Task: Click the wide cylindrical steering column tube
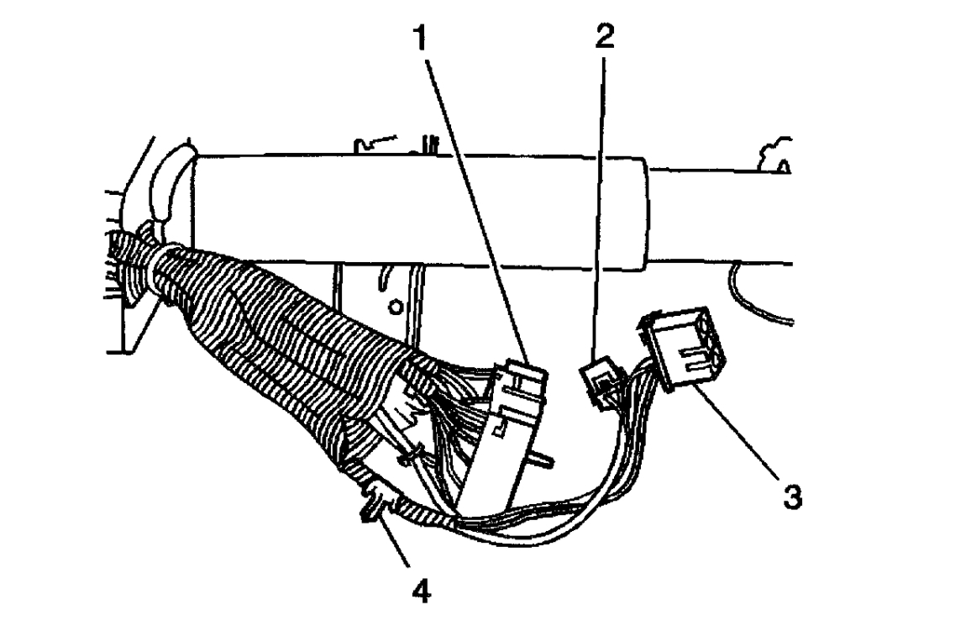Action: point(420,210)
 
